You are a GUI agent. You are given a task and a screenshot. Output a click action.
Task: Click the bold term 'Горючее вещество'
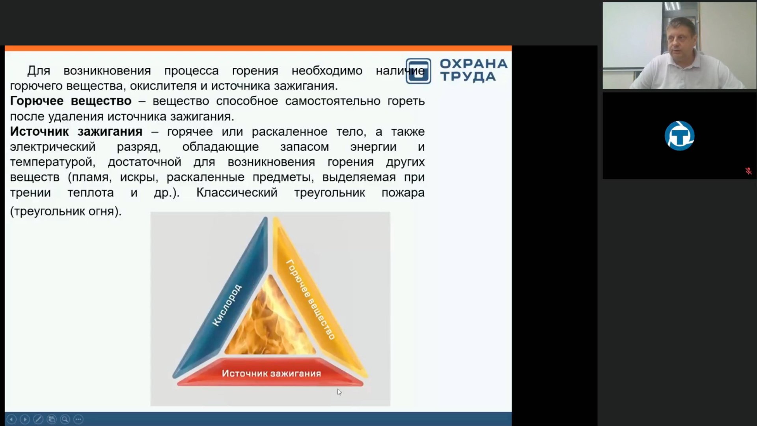click(x=71, y=101)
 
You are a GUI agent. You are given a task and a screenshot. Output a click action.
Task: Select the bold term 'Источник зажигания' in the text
click(x=76, y=132)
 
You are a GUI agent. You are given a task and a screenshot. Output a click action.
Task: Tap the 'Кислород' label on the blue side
click(x=227, y=305)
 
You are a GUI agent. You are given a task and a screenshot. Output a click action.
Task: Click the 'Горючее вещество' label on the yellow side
click(x=311, y=299)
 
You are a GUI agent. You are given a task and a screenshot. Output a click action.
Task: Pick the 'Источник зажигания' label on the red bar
click(x=271, y=374)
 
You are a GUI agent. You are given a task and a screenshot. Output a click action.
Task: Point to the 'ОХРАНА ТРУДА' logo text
click(x=473, y=70)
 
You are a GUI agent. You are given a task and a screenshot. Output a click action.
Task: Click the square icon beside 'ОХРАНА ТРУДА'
click(x=418, y=71)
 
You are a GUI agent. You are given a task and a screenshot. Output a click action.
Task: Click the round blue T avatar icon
click(x=679, y=136)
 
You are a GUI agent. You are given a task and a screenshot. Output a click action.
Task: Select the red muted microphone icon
click(x=748, y=171)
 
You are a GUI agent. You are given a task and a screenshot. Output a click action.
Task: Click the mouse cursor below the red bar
click(x=339, y=392)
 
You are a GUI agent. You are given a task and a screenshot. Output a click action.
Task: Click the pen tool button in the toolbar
click(x=38, y=419)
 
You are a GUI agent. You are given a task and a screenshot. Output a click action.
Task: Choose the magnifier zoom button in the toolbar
click(x=65, y=419)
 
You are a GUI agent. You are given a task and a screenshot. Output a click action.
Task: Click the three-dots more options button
click(x=78, y=419)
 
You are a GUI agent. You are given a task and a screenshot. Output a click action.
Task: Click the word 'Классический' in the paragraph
click(x=237, y=193)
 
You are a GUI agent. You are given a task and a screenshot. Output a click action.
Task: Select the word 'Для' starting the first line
click(x=39, y=71)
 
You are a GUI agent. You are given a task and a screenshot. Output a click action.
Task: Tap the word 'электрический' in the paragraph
click(x=53, y=147)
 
